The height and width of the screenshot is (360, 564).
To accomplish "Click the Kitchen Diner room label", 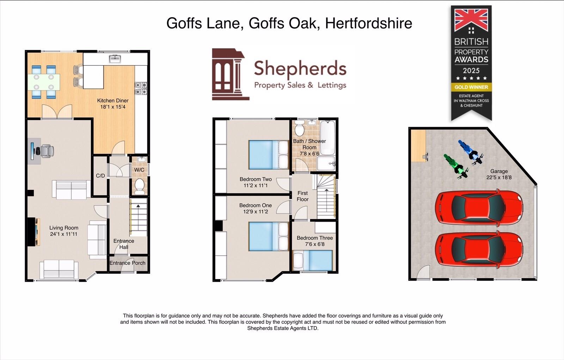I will tap(113, 101).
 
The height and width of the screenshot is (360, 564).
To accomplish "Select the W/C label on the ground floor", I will tap(139, 170).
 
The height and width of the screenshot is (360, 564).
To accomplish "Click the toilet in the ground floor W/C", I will tap(140, 185).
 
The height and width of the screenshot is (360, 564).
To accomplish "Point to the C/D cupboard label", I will tap(100, 175).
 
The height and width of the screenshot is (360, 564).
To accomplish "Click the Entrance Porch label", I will tap(127, 263).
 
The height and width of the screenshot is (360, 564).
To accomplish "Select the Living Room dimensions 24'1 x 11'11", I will tap(63, 234).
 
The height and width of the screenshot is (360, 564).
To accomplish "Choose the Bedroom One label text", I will tap(256, 205).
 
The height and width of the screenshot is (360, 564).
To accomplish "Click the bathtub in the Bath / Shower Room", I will tap(327, 137).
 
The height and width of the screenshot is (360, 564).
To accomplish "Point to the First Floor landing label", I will tap(302, 196).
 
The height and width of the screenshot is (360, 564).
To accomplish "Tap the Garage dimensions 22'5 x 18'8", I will tap(499, 178).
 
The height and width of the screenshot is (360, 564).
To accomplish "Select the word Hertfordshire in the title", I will tap(368, 23).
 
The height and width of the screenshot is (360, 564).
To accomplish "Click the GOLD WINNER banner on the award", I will tap(471, 87).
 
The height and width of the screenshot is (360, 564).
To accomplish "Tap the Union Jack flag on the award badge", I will tap(471, 20).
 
